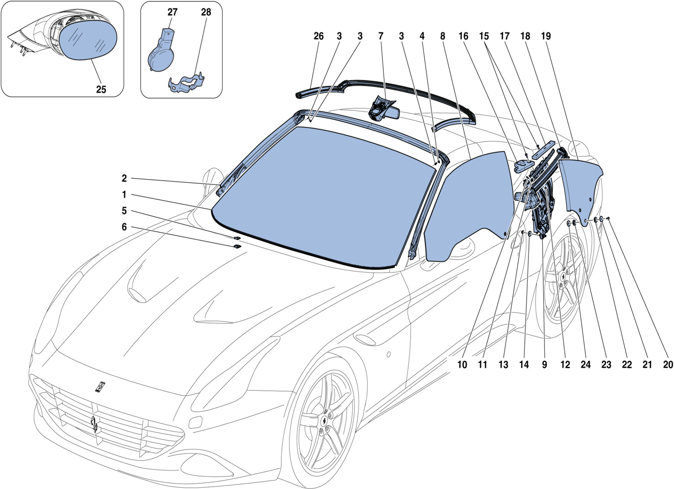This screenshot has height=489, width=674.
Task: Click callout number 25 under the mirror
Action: coord(101,89)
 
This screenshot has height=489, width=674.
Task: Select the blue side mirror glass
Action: coord(89,41)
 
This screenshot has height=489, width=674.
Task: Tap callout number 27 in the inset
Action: coord(173,12)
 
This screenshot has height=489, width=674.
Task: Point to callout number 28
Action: coord(206,12)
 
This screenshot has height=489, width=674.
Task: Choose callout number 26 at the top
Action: coord(318,36)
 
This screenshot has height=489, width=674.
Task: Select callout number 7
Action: coord(381,36)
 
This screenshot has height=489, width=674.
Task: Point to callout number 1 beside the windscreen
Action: coord(124,195)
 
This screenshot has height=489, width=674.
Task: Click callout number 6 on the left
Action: coord(124,227)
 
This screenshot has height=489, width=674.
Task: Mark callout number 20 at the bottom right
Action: coord(668,365)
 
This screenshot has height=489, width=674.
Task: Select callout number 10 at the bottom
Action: coord(462,365)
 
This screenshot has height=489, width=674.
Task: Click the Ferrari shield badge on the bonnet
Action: coord(100,387)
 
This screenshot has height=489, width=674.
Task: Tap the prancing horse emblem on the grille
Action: coord(94,424)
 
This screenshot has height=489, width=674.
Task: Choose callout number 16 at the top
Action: coord(463,36)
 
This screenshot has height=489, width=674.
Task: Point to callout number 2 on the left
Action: coord(124,178)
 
